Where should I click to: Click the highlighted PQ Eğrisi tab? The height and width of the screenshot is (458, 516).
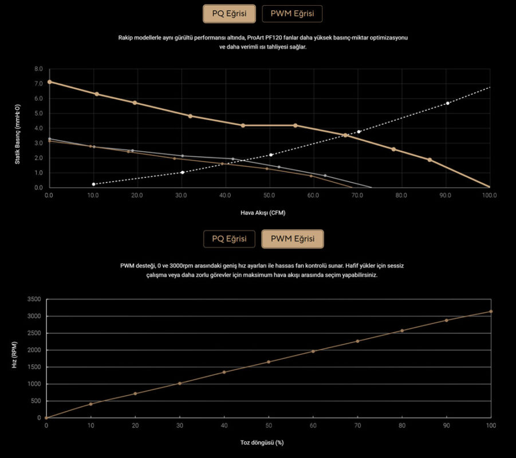tap(229, 14)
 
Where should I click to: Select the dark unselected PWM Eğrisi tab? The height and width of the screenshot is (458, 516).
tap(292, 14)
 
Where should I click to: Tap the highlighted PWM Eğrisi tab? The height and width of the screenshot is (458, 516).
tap(292, 239)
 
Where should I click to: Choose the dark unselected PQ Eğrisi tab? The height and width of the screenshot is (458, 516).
tap(229, 239)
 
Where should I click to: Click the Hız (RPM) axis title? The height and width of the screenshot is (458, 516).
tap(14, 358)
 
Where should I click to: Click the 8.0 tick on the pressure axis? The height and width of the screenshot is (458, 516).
tap(39, 69)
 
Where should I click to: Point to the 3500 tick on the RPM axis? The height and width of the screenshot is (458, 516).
tap(34, 299)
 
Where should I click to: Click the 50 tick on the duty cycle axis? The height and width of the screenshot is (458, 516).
tap(269, 425)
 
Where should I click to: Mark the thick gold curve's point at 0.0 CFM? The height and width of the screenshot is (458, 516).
tap(49, 82)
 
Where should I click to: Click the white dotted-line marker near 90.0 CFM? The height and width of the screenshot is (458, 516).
tap(448, 103)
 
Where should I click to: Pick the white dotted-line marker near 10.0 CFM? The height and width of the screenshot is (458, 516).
tap(93, 184)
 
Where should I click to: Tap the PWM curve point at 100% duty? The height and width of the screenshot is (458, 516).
tap(491, 311)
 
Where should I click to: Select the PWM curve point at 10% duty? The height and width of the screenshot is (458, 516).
tap(90, 404)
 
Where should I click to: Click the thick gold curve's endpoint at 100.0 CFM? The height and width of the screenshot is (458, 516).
tap(489, 187)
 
